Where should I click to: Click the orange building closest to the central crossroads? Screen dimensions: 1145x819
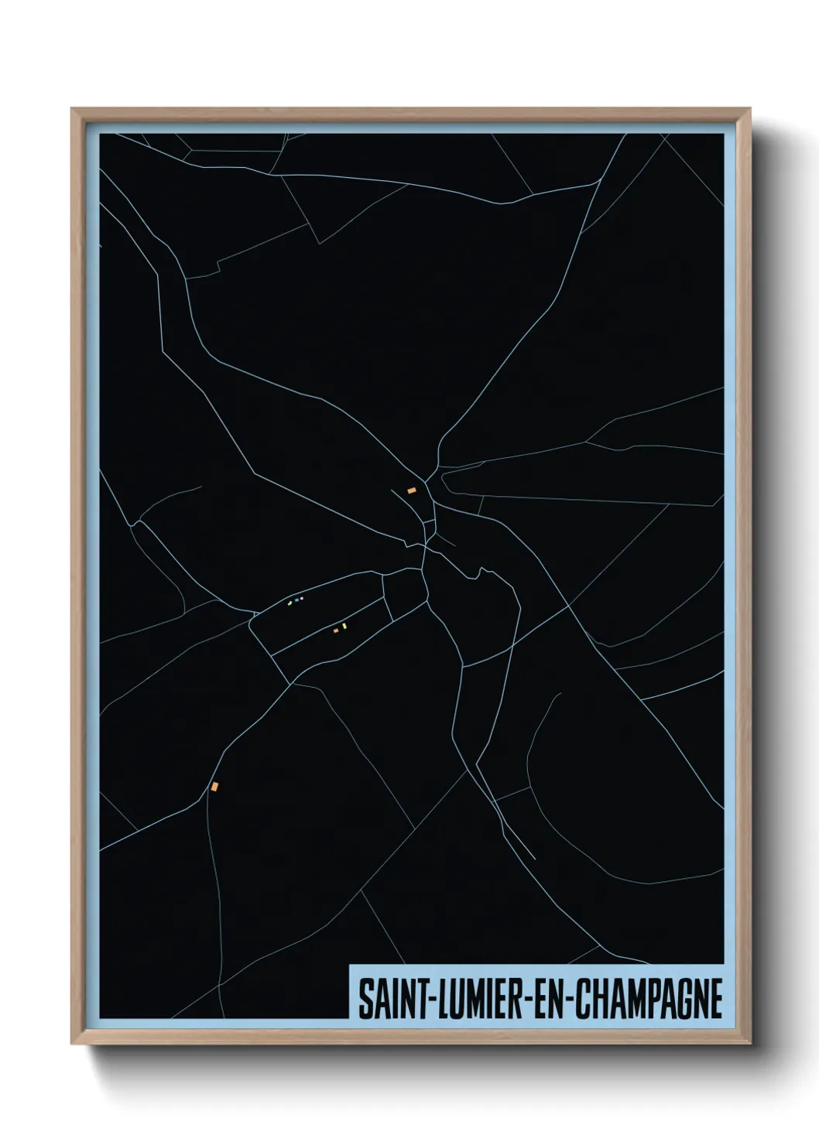[x=412, y=490]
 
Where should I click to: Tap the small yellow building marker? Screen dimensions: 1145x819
[x=344, y=626]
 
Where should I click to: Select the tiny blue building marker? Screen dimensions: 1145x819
[x=296, y=600]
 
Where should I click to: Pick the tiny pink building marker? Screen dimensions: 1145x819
[x=301, y=598]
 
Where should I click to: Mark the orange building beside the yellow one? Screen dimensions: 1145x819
[x=336, y=631]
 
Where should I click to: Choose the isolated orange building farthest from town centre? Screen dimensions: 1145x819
[x=214, y=786]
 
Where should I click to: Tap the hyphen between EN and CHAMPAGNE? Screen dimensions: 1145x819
[x=570, y=1000]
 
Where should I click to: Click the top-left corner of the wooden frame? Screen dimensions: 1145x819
[x=72, y=109]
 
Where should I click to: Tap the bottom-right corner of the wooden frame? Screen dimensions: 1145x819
[x=749, y=1044]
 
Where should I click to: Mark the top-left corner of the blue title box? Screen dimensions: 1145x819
[x=350, y=966]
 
